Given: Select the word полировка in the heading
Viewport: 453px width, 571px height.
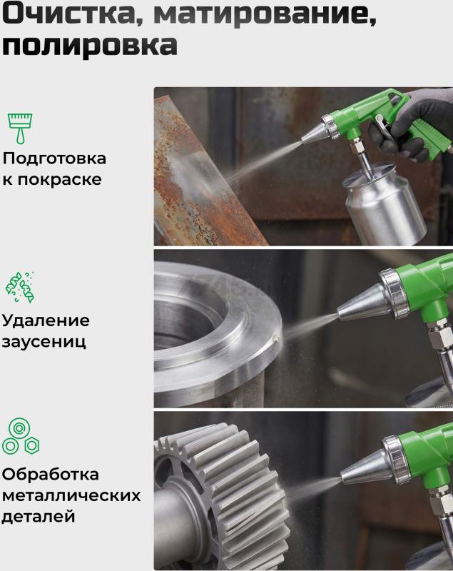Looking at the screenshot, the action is pyautogui.click(x=90, y=46).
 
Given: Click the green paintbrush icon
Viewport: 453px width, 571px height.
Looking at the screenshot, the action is pyautogui.click(x=20, y=128).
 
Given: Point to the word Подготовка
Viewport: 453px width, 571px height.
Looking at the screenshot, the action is pyautogui.click(x=55, y=158).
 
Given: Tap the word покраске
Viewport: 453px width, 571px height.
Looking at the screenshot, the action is pyautogui.click(x=60, y=180).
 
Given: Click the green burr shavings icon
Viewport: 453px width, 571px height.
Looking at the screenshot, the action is pyautogui.click(x=20, y=287).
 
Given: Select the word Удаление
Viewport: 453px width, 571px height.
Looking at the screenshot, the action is pyautogui.click(x=46, y=320).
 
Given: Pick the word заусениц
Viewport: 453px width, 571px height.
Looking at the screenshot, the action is pyautogui.click(x=44, y=342).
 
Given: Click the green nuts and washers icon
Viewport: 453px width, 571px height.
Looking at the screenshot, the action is pyautogui.click(x=21, y=436).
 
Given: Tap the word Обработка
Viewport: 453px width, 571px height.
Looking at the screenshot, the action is pyautogui.click(x=50, y=475).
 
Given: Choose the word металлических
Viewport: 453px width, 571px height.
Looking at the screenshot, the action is pyautogui.click(x=71, y=495).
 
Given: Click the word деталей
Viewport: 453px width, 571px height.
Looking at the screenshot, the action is pyautogui.click(x=39, y=517).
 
